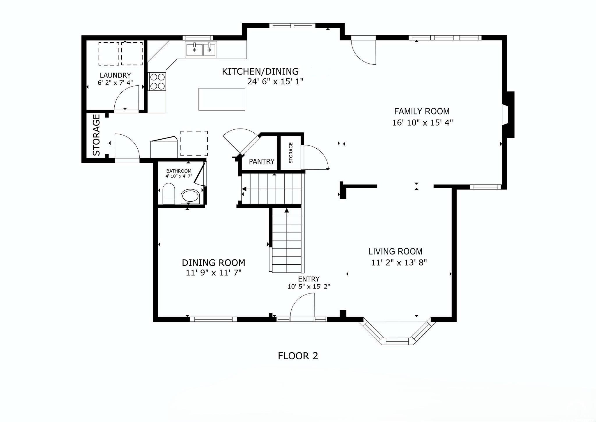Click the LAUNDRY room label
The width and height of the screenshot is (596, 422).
[115, 75]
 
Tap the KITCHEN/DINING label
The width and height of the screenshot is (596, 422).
[260, 71]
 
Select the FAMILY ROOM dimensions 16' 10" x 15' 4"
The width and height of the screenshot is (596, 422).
[423, 123]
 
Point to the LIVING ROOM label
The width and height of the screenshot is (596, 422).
[395, 251]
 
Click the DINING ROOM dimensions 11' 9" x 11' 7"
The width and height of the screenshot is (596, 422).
[214, 273]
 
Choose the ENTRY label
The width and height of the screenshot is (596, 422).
[308, 279]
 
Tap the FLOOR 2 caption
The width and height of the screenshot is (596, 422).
[298, 356]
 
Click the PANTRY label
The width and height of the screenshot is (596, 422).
[262, 161]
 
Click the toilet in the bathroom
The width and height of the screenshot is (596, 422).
[168, 194]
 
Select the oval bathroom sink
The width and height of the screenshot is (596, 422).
[190, 196]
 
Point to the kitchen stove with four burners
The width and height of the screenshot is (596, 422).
[157, 82]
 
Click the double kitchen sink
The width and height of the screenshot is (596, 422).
[201, 50]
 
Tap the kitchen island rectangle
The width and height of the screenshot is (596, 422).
[222, 99]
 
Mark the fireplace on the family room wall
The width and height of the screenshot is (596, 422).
[508, 115]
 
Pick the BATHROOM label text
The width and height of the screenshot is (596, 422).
[179, 171]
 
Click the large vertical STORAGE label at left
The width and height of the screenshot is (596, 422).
[96, 135]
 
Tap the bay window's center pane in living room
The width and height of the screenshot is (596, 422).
[397, 341]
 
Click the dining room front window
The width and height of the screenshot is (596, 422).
[214, 319]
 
